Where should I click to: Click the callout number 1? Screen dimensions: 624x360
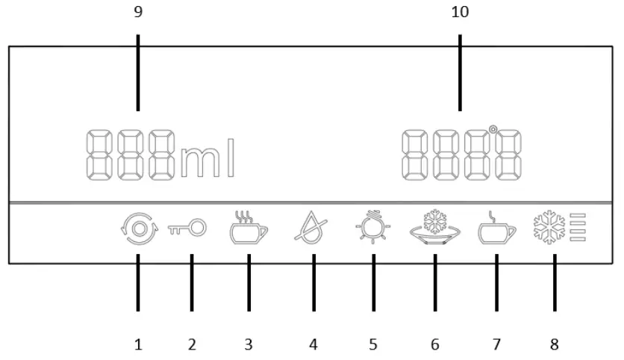[138, 344]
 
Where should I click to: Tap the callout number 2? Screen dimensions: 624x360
[192, 344]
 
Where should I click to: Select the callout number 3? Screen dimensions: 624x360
[249, 344]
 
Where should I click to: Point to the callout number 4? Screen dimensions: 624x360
[313, 344]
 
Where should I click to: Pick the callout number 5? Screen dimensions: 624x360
[373, 344]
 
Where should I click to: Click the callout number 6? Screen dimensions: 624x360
[434, 344]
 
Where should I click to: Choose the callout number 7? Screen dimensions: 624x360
[496, 344]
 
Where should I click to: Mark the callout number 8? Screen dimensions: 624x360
[554, 344]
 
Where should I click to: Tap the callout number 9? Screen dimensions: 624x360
[137, 13]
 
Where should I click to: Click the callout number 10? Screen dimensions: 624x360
[461, 13]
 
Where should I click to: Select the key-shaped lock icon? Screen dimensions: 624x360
[192, 229]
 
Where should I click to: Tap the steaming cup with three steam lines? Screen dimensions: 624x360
[248, 228]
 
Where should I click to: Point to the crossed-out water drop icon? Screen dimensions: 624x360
[313, 228]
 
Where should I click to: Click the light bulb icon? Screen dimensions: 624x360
[373, 228]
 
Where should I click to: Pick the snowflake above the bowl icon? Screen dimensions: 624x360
[434, 223]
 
